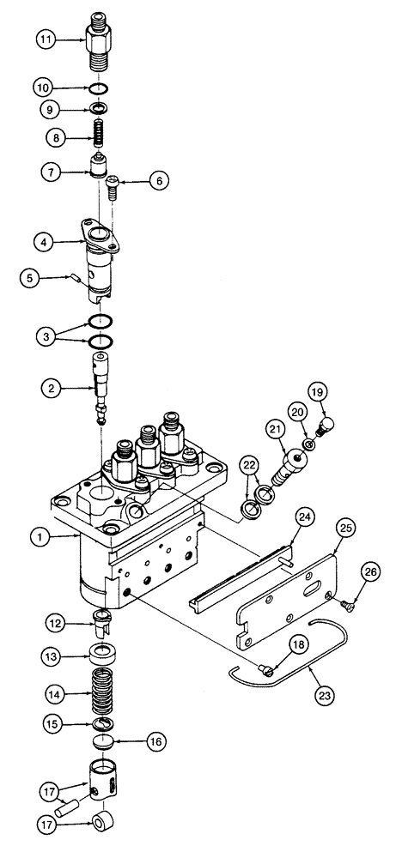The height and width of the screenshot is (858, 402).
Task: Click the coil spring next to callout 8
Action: [x=102, y=134]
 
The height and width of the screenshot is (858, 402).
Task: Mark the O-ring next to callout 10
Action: [x=100, y=88]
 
